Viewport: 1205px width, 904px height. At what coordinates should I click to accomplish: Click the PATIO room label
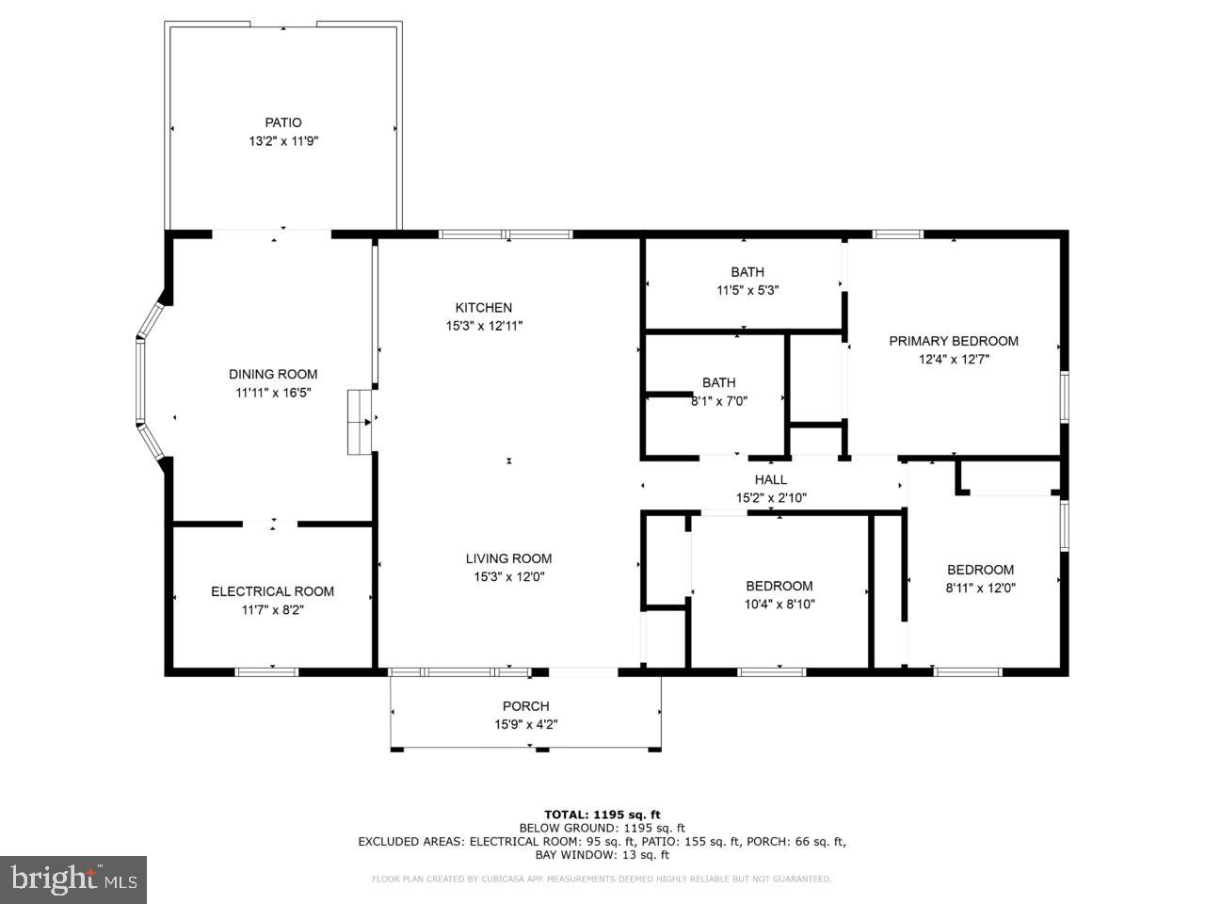(x=282, y=122)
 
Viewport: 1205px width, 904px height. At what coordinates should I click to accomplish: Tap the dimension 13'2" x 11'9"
(x=282, y=141)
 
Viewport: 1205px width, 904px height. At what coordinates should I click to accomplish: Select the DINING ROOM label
(x=273, y=374)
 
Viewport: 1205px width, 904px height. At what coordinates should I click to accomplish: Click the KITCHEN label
(x=484, y=307)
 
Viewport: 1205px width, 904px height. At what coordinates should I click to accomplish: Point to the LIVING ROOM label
(x=508, y=558)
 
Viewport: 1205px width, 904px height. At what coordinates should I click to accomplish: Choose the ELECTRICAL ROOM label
(x=272, y=591)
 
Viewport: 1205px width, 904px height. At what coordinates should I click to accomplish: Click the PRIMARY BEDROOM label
(x=954, y=341)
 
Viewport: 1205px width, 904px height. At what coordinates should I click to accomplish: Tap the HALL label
(x=770, y=480)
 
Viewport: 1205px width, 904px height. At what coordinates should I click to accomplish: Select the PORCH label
(x=525, y=706)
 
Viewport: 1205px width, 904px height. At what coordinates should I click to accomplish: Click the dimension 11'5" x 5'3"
(x=747, y=291)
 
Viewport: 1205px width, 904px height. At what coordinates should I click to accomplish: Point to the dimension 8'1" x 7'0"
(x=719, y=400)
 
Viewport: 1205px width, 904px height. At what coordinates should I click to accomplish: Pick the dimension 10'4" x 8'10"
(x=779, y=605)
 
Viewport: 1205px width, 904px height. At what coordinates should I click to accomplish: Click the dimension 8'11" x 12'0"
(x=980, y=588)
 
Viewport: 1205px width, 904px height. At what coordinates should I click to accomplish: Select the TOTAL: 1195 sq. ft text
(x=602, y=815)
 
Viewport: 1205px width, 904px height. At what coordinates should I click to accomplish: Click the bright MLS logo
(x=73, y=880)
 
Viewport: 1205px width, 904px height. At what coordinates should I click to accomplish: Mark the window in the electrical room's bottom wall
(x=266, y=671)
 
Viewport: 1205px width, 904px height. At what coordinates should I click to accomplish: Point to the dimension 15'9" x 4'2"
(x=525, y=725)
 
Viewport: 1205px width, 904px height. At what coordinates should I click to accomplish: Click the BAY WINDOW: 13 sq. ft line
(x=602, y=855)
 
